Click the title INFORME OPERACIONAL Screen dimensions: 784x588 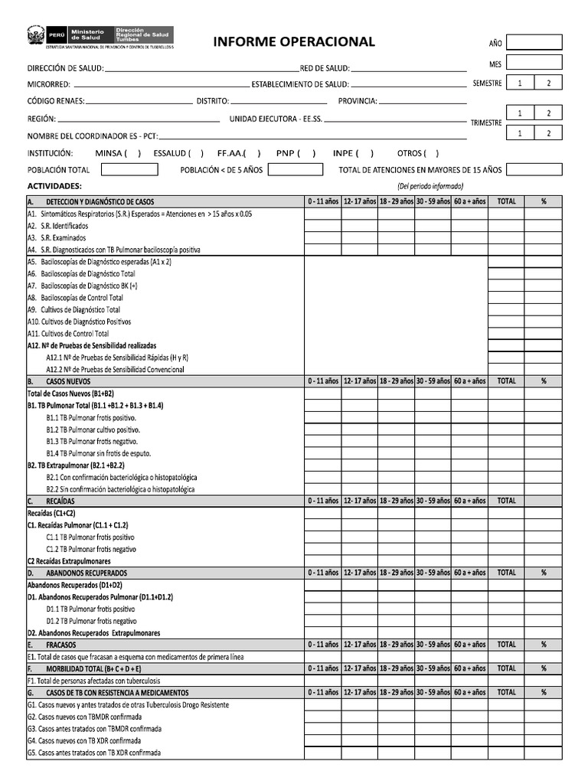[294, 42]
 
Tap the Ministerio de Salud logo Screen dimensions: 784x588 [100, 35]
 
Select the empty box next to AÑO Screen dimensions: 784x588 [534, 42]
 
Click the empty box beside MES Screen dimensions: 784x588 [534, 62]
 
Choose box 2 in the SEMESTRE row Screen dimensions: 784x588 [548, 83]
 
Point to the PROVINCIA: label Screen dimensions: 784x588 [358, 101]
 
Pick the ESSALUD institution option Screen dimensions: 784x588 [173, 153]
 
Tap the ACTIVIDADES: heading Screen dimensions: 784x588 [54, 186]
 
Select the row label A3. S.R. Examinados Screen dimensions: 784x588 [57, 238]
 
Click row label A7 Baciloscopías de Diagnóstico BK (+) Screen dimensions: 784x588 [82, 286]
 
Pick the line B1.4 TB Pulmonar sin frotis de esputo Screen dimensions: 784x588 [98, 452]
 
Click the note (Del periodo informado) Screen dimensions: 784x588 [430, 186]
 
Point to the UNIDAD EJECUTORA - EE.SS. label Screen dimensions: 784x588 [276, 119]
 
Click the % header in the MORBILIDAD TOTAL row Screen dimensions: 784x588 [544, 668]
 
